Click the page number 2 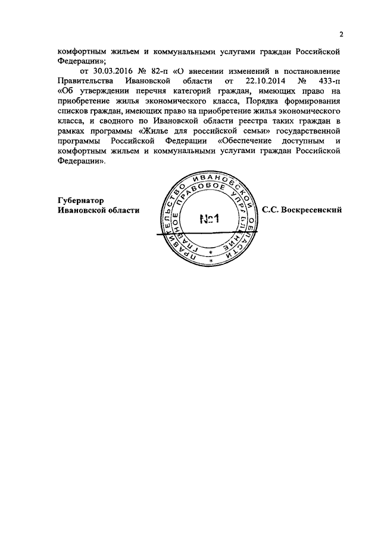(x=341, y=33)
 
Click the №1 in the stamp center (x=209, y=219)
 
